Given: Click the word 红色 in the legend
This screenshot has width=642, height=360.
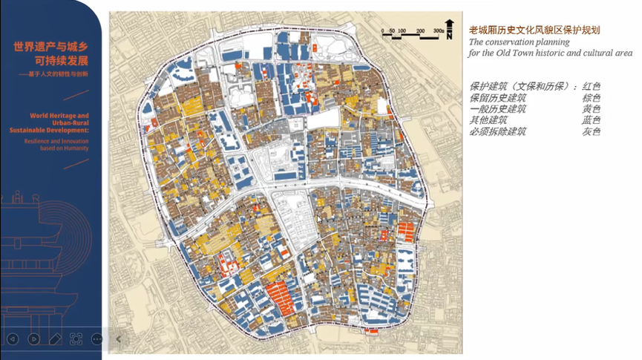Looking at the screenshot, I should point(592,86).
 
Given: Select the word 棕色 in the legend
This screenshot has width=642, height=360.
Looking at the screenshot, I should point(592,98).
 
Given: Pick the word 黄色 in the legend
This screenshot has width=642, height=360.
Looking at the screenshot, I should point(592,109).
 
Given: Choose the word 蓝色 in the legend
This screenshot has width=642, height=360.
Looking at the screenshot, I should point(592,120).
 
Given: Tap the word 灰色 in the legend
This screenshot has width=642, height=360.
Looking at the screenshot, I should point(592,131).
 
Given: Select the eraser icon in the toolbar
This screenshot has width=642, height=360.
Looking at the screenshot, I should point(55,338).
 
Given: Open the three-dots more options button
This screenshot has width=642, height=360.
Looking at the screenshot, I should point(97,338).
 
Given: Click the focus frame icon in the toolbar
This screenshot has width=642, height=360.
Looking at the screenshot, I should point(76,338).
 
